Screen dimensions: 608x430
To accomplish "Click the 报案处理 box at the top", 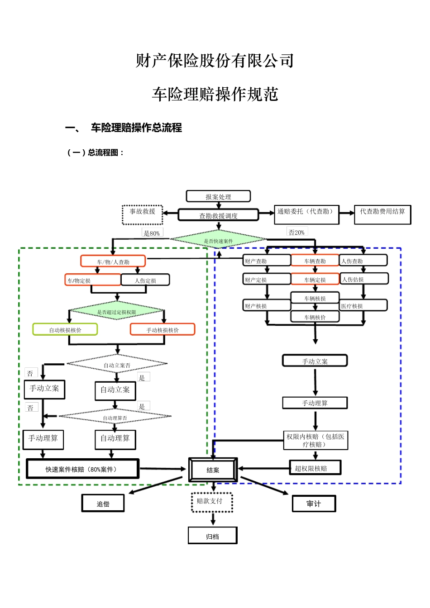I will pos(218,196).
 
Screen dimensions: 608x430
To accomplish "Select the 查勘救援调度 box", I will pos(218,215).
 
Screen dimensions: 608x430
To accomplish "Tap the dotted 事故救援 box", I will pos(142,214).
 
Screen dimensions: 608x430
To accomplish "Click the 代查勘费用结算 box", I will pos(382,214).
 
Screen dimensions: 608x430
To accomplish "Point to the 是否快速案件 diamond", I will pos(218,240).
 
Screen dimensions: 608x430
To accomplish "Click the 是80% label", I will pos(152,233).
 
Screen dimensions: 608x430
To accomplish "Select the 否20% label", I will pos(297,232).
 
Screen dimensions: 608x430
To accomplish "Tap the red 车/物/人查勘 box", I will pos(113,261).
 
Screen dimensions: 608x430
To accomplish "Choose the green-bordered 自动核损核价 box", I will pos(65,330).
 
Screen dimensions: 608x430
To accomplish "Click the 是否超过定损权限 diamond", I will pos(117,312).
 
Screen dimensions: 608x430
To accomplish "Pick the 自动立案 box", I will pos(115,390).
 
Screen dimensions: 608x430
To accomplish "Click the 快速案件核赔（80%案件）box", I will pos(82,469).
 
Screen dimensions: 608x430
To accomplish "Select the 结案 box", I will pos(213,470).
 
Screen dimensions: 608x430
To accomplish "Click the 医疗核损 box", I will pos(363,306).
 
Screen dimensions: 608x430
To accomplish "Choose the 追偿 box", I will pos(103,503).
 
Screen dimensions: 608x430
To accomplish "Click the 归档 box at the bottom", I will pos(212,536).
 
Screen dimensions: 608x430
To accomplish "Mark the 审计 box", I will pos(314,503).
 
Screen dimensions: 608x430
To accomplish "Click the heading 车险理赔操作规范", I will pos(215,94).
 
